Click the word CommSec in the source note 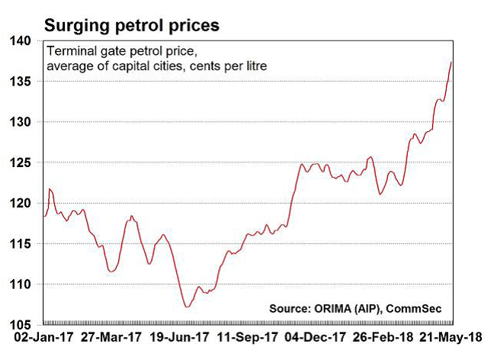click(419, 308)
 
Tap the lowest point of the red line click(186, 307)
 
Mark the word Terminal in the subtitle click(70, 52)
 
